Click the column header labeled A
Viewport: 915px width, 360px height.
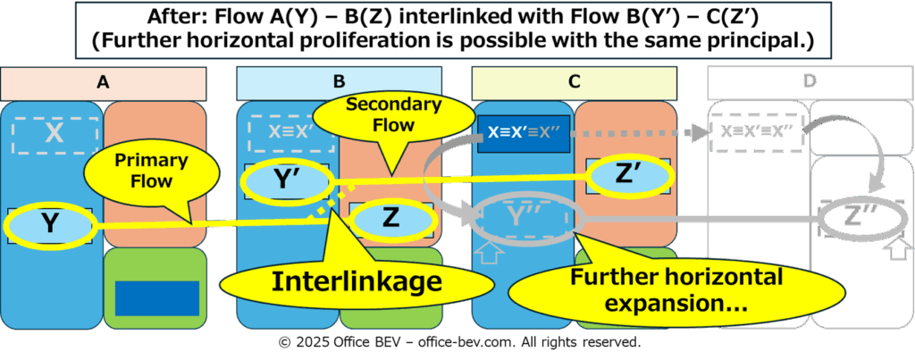click(x=104, y=83)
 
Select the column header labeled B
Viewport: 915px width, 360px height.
click(x=339, y=83)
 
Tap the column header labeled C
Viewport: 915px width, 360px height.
click(x=575, y=83)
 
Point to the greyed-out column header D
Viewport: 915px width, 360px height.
click(x=810, y=83)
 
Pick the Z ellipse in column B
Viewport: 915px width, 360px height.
click(x=392, y=220)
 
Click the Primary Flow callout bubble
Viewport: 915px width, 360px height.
click(x=152, y=172)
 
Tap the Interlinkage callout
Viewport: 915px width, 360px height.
click(x=356, y=281)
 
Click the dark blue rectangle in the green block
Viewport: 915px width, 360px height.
click(x=157, y=298)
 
